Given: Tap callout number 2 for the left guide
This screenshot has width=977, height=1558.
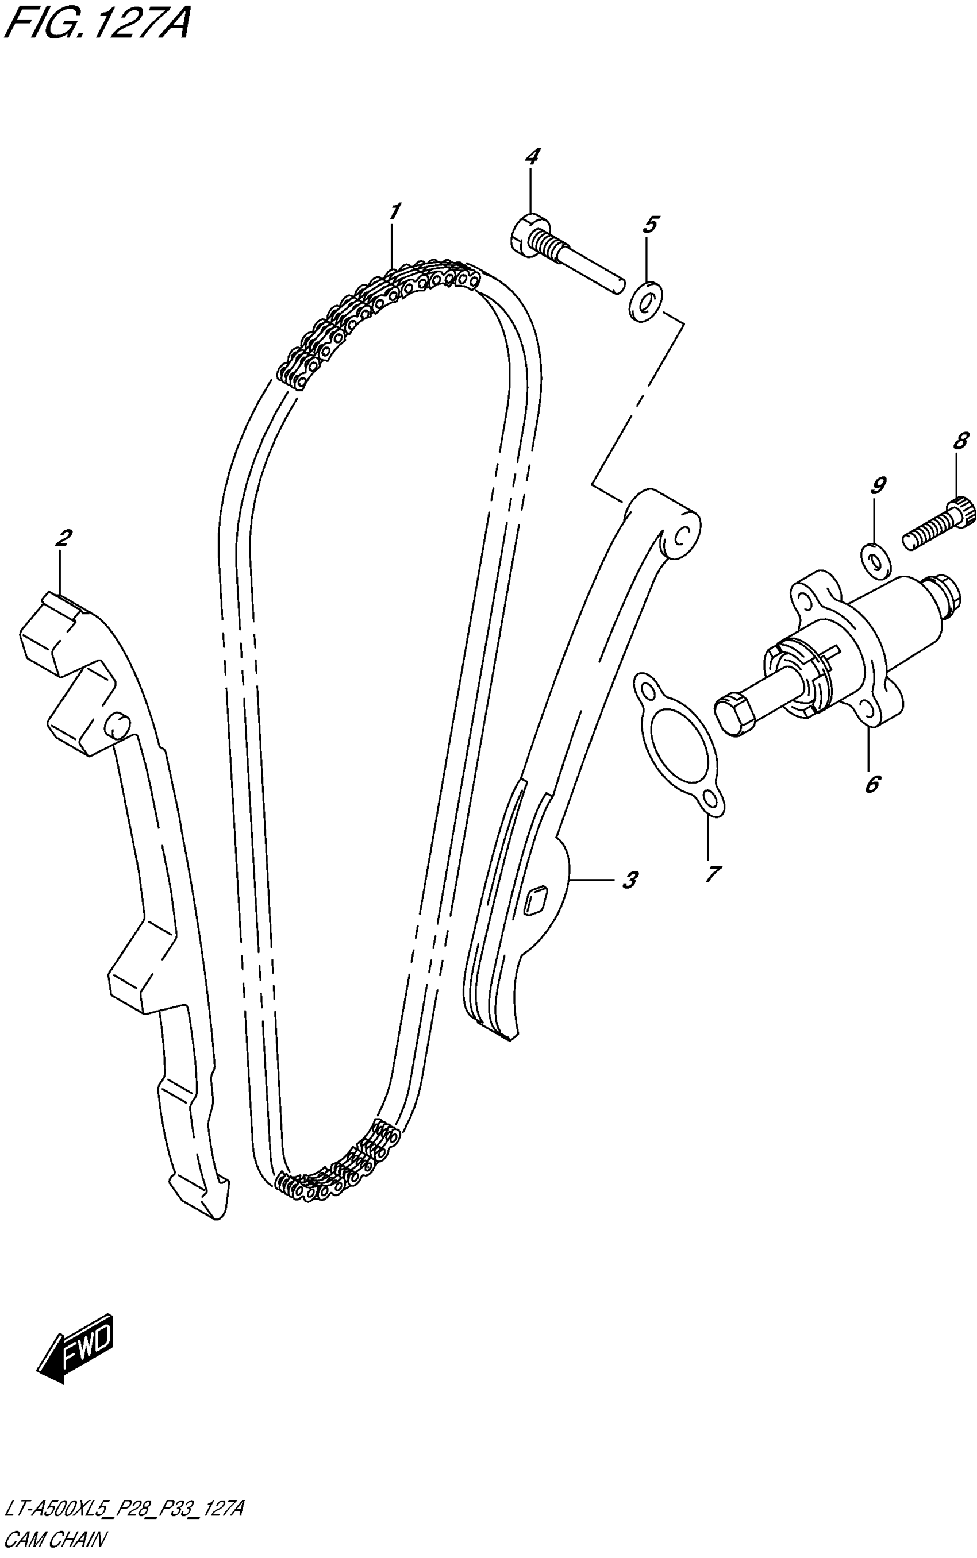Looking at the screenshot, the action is [x=63, y=538].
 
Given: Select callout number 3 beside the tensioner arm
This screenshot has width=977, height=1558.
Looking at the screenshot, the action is [x=630, y=879].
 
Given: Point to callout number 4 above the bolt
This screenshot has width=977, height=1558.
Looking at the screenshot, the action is [x=532, y=156].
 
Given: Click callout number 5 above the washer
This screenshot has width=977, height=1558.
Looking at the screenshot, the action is [x=650, y=225].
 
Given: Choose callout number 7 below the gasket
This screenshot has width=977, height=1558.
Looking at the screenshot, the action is [x=711, y=874].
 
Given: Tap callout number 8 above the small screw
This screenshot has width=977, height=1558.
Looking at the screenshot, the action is [x=960, y=441].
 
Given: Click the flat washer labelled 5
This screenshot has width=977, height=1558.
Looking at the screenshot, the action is [x=645, y=302].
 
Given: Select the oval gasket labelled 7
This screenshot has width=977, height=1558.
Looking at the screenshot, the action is [x=677, y=743].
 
